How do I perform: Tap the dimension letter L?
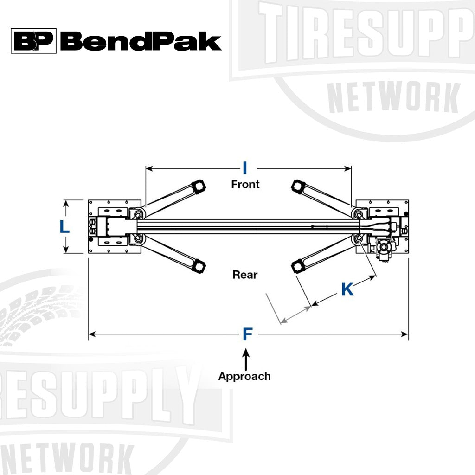coord(65,226)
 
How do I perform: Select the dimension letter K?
coord(347,289)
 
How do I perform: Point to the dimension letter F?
coord(248,334)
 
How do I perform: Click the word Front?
coord(245,184)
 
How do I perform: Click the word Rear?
coord(245,275)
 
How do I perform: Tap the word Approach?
coord(244,376)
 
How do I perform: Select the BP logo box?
coord(33,41)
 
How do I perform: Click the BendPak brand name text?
coord(141,41)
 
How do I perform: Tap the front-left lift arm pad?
coord(199,186)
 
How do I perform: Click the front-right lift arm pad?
coord(297,186)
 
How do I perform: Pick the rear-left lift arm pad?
coord(199,266)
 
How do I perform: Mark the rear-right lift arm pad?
coord(297,266)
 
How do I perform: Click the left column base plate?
coord(111,226)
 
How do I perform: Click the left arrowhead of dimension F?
coord(92,334)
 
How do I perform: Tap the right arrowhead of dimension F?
coord(405,334)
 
